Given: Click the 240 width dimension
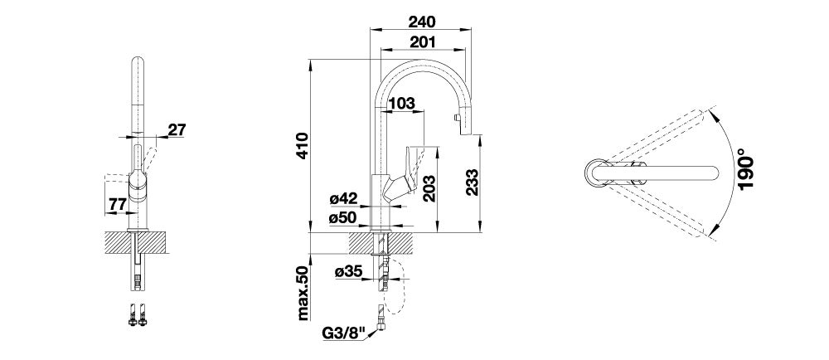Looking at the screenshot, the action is pyautogui.click(x=421, y=22).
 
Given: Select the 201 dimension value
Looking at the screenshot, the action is pyautogui.click(x=423, y=41).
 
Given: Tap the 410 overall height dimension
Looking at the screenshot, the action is pyautogui.click(x=302, y=146).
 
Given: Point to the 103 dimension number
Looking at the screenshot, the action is pyautogui.click(x=402, y=104).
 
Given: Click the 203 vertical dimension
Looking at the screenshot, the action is pyautogui.click(x=429, y=188).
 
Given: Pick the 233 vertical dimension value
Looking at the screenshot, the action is pyautogui.click(x=473, y=182).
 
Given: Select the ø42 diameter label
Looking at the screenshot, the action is pyautogui.click(x=343, y=199).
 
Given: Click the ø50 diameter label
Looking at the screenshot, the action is pyautogui.click(x=343, y=217).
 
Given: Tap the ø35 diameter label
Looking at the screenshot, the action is pyautogui.click(x=348, y=272).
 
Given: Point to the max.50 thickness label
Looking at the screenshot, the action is pyautogui.click(x=302, y=293).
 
